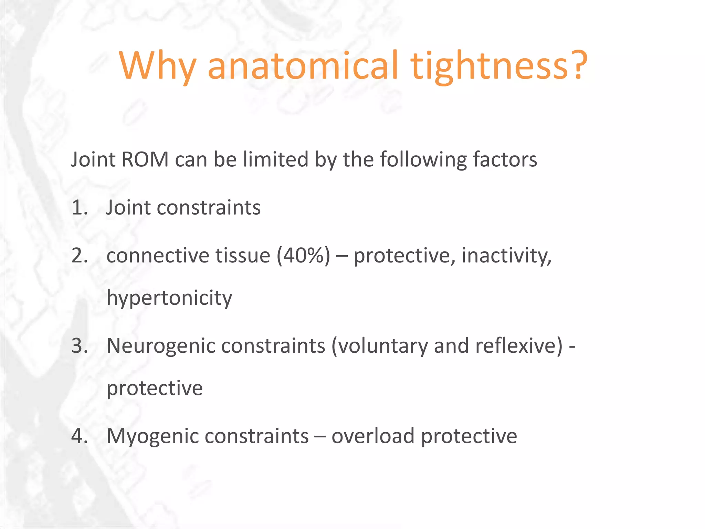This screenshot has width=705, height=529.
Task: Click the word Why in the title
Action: pos(158,66)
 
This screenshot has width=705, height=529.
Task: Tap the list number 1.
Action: pos(79,208)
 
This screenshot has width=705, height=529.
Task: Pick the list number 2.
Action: pos(79,256)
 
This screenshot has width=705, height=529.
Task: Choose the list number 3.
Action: pos(79,346)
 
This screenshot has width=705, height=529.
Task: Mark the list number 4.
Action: pos(79,436)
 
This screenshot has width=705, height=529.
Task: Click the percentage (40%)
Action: pos(303,256)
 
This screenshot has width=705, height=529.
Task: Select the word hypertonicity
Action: pos(169,298)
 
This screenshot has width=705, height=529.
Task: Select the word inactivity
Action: pos(506,256)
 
